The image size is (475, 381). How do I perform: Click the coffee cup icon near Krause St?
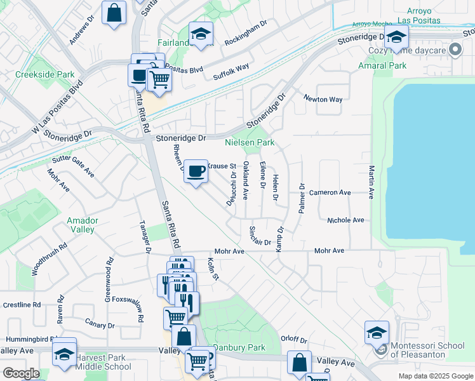tap(196, 171)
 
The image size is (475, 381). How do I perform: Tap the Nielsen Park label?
tap(250, 143)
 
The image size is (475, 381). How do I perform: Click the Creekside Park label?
tap(36, 74)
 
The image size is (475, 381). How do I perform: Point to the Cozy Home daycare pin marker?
tap(455, 50)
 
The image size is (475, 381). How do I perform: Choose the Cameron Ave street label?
tap(330, 192)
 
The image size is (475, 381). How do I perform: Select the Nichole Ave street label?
tap(345, 220)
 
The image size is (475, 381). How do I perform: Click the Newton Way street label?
tap(323, 100)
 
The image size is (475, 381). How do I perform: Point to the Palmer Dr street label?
tap(303, 198)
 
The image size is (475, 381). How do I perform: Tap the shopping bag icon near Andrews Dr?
tap(113, 13)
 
